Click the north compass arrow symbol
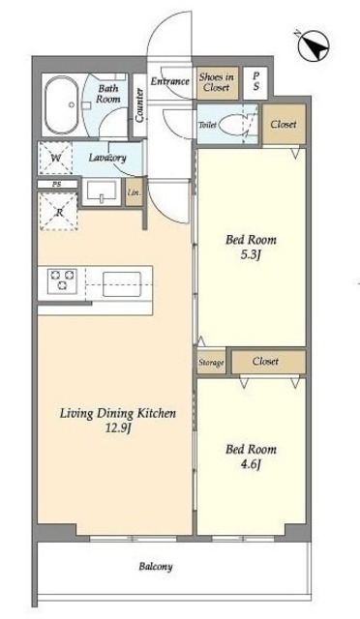[x=314, y=45]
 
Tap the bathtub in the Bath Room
[x=62, y=104]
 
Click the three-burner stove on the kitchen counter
[x=62, y=280]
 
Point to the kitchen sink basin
[x=122, y=284]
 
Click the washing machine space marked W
[x=56, y=159]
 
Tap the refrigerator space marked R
[x=59, y=212]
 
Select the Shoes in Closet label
[x=216, y=82]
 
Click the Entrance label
[x=170, y=81]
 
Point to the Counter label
[x=139, y=104]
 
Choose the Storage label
[x=211, y=363]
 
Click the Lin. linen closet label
[x=135, y=193]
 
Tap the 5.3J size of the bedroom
[x=250, y=255]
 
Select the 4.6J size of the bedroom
[x=250, y=465]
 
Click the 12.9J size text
[x=118, y=428]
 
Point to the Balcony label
[x=156, y=567]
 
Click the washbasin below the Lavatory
[x=102, y=192]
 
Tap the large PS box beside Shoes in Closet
[x=256, y=82]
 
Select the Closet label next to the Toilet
[x=284, y=124]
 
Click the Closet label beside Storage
[x=265, y=361]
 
